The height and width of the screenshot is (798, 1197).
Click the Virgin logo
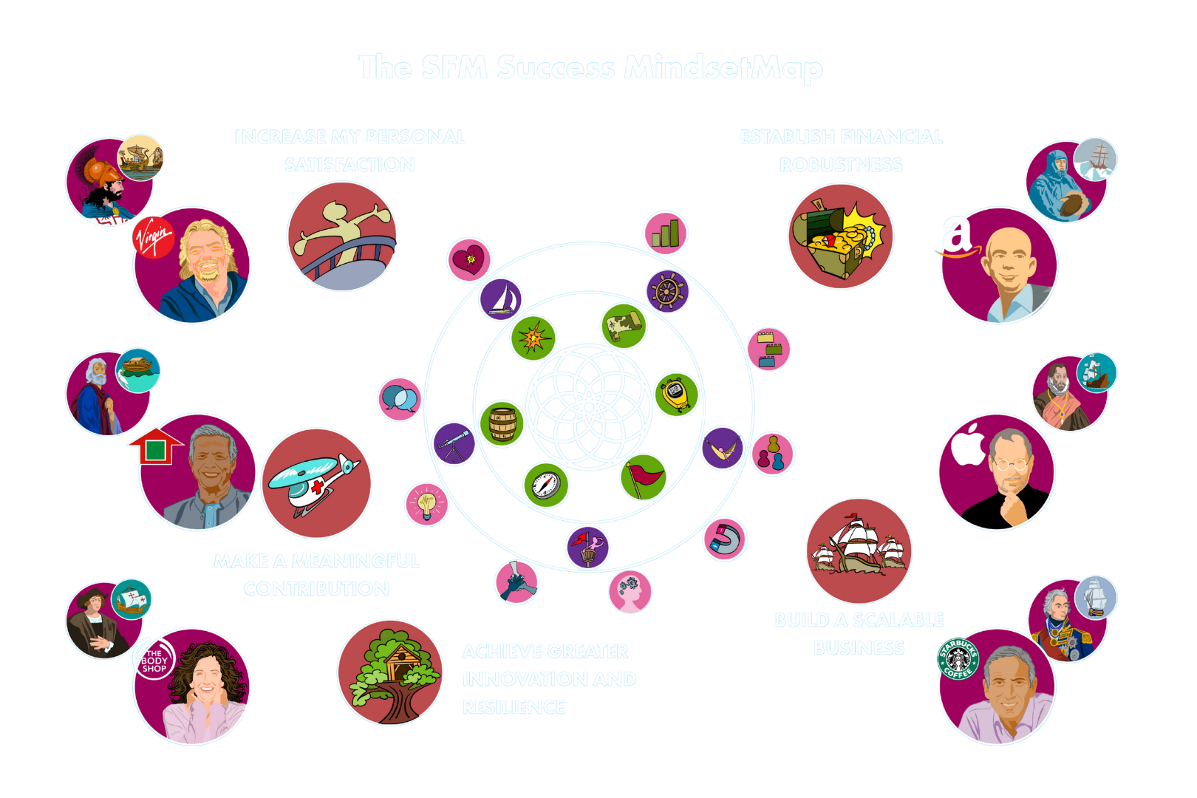point(153,238)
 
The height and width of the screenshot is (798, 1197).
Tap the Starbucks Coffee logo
point(958,658)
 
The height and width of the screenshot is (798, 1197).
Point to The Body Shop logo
point(154,660)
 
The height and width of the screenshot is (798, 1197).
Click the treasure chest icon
point(840,236)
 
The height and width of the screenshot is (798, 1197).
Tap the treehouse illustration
point(390,672)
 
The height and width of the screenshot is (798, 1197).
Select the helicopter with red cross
point(316,483)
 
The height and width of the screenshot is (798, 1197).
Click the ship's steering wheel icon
point(667,291)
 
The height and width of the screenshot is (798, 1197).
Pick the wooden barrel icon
point(502,424)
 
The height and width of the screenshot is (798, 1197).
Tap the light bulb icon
point(426,504)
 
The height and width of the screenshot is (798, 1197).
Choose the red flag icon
point(644,477)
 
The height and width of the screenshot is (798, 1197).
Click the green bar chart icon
point(665,233)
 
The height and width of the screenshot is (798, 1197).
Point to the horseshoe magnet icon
point(724,539)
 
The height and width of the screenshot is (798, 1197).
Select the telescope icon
point(454,443)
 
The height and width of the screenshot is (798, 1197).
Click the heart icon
point(468,259)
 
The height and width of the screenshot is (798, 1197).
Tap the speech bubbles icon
point(400,399)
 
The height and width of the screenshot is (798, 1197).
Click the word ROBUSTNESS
point(841,165)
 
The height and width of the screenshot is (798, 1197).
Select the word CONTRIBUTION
point(316,589)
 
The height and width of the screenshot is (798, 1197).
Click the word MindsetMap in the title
point(723,68)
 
